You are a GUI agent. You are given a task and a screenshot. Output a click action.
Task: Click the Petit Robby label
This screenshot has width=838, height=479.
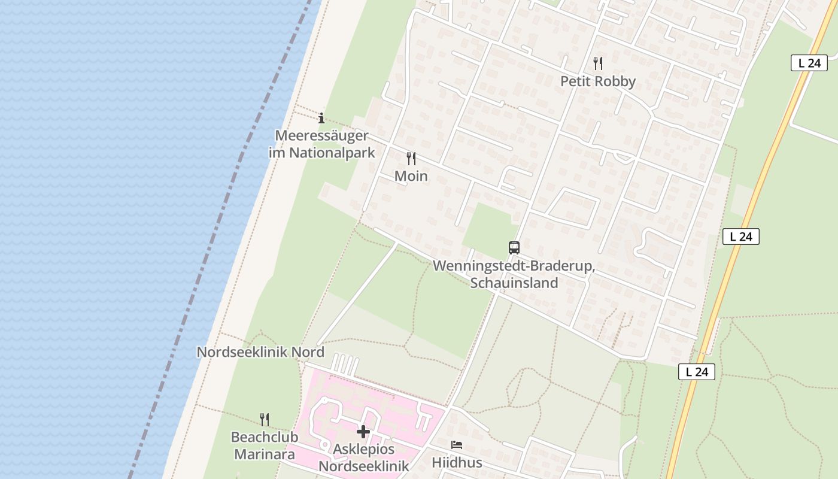click(x=597, y=81)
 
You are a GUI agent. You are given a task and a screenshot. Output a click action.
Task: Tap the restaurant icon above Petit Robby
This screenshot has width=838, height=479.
click(x=597, y=63)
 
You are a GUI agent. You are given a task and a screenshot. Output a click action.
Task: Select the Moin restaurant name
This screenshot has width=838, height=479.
click(x=411, y=176)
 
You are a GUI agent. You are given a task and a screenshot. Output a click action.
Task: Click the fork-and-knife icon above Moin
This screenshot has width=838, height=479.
click(x=411, y=159)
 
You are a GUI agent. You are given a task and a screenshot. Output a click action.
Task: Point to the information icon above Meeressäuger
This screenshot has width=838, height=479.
click(x=321, y=118)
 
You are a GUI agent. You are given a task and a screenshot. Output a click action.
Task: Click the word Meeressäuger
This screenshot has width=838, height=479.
click(x=321, y=136)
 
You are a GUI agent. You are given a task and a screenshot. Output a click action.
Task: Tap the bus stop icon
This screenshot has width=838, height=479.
click(x=514, y=247)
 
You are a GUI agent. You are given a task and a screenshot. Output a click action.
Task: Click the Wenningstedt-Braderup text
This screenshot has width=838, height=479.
click(x=513, y=265)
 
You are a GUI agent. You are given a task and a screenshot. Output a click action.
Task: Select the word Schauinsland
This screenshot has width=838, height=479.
click(x=514, y=283)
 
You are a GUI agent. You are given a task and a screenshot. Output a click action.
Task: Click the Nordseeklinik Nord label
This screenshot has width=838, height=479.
click(x=260, y=352)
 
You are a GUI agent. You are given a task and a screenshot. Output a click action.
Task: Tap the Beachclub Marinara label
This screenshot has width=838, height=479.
click(x=264, y=445)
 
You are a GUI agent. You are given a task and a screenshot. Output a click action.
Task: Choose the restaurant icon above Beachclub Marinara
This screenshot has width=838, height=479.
click(x=264, y=419)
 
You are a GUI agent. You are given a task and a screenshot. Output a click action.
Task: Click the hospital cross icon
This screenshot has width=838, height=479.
click(x=363, y=432)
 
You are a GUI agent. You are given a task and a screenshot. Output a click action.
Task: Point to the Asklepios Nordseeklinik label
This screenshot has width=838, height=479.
click(x=363, y=458)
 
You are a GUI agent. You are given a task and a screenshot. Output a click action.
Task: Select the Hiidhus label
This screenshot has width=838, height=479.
click(x=457, y=463)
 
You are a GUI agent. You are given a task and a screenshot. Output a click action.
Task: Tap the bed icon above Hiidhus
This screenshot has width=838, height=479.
click(x=457, y=445)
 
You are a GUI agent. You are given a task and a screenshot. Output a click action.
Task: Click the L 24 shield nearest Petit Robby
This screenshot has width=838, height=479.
click(x=809, y=63)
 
